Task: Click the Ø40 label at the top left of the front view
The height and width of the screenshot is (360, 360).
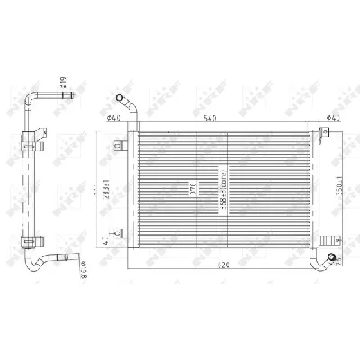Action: [114, 116]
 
